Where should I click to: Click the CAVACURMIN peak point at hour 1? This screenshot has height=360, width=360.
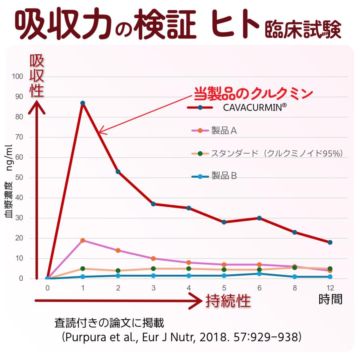pyautogui.click(x=83, y=103)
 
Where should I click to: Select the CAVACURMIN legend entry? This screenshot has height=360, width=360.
pyautogui.click(x=248, y=107)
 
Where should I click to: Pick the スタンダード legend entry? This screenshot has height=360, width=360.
pyautogui.click(x=276, y=153)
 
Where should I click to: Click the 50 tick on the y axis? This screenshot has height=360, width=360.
pyautogui.click(x=19, y=178)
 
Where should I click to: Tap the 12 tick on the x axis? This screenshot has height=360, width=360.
pyautogui.click(x=330, y=288)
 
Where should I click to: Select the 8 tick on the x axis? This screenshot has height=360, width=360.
pyautogui.click(x=294, y=288)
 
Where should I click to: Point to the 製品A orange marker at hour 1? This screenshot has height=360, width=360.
pyautogui.click(x=83, y=240)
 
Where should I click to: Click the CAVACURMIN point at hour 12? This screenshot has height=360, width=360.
pyautogui.click(x=330, y=242)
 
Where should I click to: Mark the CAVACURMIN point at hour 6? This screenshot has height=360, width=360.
pyautogui.click(x=259, y=218)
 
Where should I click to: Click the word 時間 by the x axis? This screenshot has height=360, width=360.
pyautogui.click(x=330, y=300)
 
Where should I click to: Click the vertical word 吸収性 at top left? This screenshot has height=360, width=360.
pyautogui.click(x=37, y=76)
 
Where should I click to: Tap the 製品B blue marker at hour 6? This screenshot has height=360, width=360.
pyautogui.click(x=259, y=274)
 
